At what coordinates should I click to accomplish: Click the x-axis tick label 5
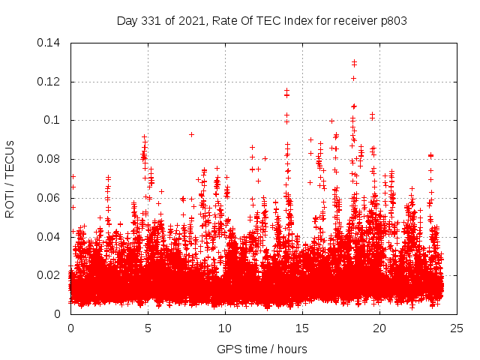(x=148, y=328)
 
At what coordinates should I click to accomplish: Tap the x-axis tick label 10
(x=225, y=328)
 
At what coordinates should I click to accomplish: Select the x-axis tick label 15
(x=302, y=328)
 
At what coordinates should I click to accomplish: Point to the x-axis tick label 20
(x=379, y=328)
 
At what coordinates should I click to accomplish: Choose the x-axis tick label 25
(x=457, y=328)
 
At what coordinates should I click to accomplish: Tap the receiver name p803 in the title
(x=392, y=20)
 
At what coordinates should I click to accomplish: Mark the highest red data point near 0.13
(x=354, y=61)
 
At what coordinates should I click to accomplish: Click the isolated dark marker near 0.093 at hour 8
(x=191, y=134)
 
